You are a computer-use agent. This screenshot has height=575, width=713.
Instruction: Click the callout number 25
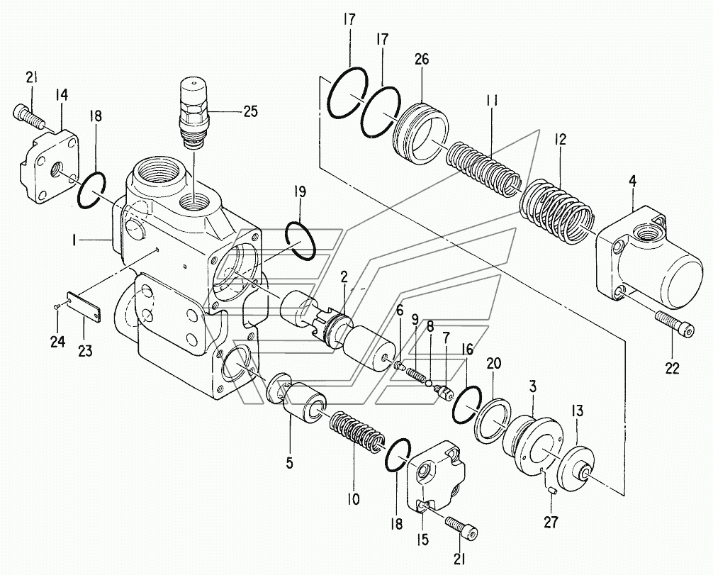click(249, 111)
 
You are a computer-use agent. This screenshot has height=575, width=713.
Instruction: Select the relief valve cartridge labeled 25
click(194, 112)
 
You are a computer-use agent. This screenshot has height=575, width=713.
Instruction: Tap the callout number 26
click(421, 60)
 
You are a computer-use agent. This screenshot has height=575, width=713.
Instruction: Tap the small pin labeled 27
click(550, 490)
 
